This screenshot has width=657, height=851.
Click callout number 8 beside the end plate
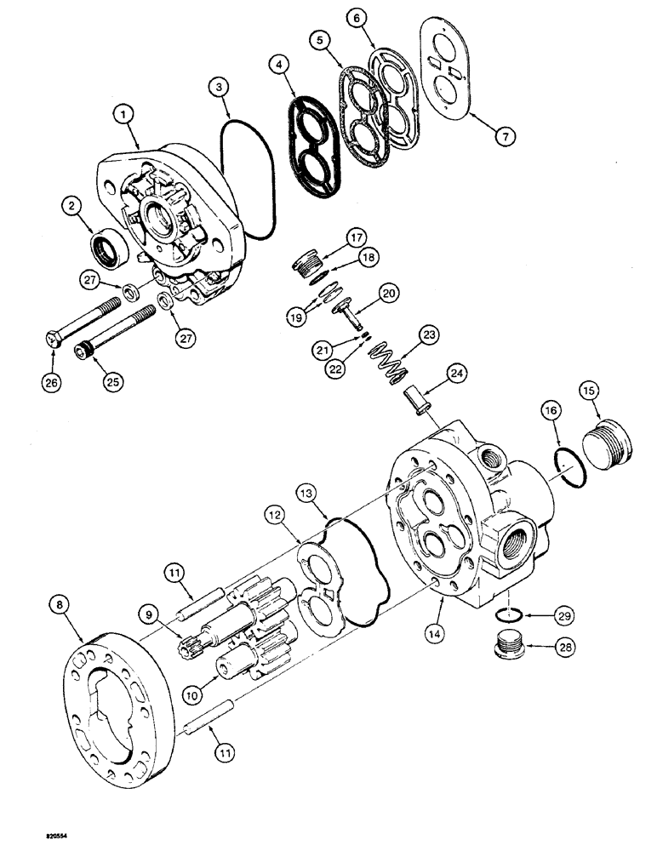coord(60,605)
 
